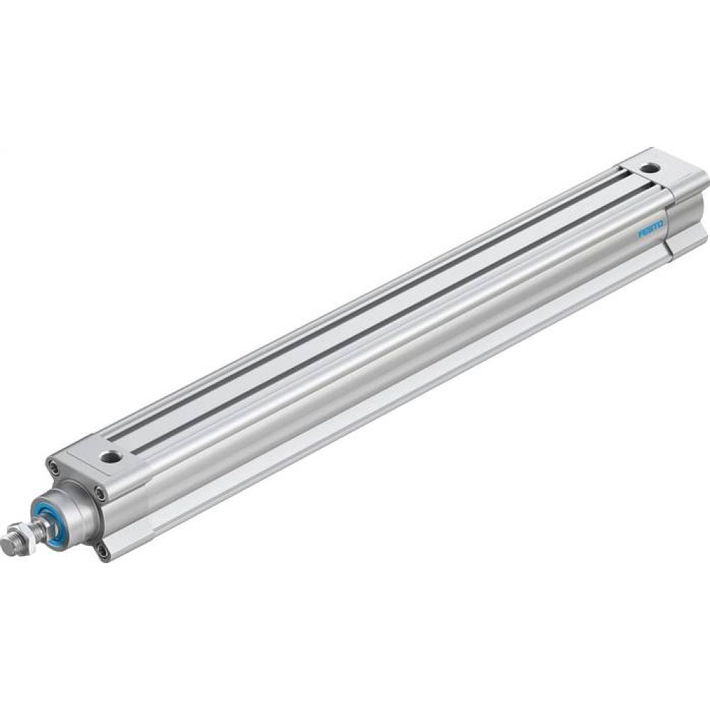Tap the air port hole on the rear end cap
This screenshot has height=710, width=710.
pos(650,168)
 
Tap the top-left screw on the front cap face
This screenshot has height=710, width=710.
pos(53,466)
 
